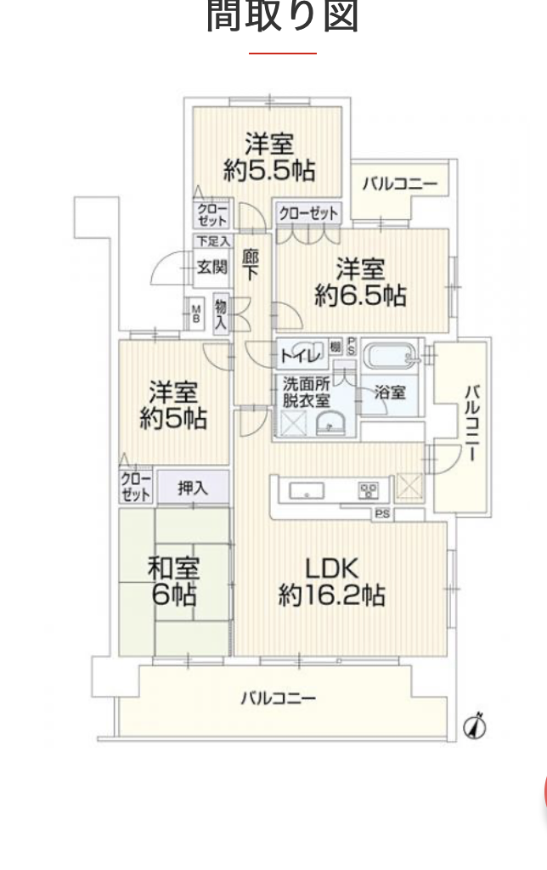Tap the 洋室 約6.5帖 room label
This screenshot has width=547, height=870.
359,282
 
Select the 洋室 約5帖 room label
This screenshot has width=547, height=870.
175,406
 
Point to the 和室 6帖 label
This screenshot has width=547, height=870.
173,579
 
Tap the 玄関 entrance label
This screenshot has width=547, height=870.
212,267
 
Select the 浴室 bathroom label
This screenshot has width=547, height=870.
390,393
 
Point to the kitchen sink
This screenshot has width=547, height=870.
304,490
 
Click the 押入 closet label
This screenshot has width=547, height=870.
192,488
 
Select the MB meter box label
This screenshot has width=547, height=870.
195,314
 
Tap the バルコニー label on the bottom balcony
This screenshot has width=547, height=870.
278,698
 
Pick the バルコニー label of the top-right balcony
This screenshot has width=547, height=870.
399,184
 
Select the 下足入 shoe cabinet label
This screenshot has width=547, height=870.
212,241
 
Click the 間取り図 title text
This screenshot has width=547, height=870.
283,17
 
